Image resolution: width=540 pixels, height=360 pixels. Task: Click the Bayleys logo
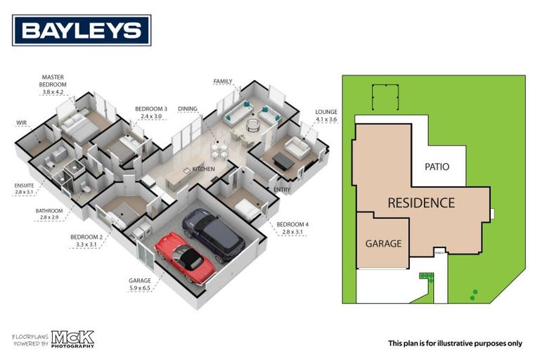pyautogui.click(x=82, y=30)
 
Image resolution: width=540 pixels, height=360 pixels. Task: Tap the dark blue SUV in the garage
pyautogui.click(x=214, y=234)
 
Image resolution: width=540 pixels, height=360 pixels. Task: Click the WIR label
pyautogui.click(x=22, y=123)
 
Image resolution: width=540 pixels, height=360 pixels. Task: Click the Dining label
pyautogui.click(x=188, y=109)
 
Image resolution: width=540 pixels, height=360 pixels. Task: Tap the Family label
pyautogui.click(x=223, y=82)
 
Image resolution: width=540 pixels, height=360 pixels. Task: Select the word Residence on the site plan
pyautogui.click(x=421, y=203)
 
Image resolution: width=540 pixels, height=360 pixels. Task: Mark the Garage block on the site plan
pyautogui.click(x=382, y=243)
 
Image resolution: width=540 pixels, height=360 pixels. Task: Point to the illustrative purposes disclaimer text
pyautogui.click(x=455, y=343)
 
